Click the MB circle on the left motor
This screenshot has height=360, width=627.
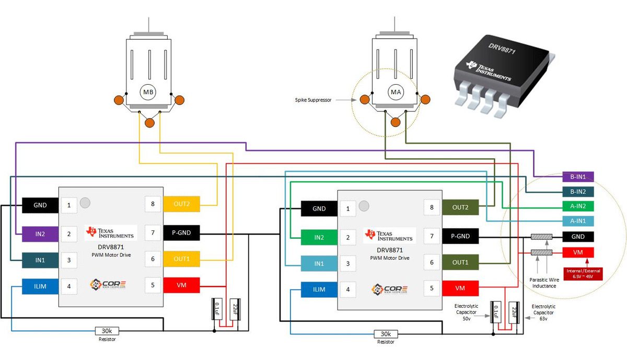pos(149,92)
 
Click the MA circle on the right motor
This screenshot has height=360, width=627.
pos(396,92)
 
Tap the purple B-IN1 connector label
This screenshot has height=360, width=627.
pos(578,177)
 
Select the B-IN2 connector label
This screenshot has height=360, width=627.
pos(578,191)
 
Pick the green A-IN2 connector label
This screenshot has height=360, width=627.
pos(578,206)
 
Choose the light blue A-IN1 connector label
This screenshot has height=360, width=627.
pos(578,221)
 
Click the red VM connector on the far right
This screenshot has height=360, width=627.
pos(578,252)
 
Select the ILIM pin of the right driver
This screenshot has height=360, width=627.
pos(319,289)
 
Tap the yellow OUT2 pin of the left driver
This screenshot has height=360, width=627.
pos(181,204)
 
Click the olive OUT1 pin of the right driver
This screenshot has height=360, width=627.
pos(460,262)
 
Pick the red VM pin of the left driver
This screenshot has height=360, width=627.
pos(181,285)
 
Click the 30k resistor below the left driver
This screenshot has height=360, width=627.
pos(108,331)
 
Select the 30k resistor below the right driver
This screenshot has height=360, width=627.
pos(386,334)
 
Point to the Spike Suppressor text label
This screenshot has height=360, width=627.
pos(312,99)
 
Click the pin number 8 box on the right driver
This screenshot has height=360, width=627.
pos(432,208)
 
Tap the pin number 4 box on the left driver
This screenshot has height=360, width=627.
pos(68,286)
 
